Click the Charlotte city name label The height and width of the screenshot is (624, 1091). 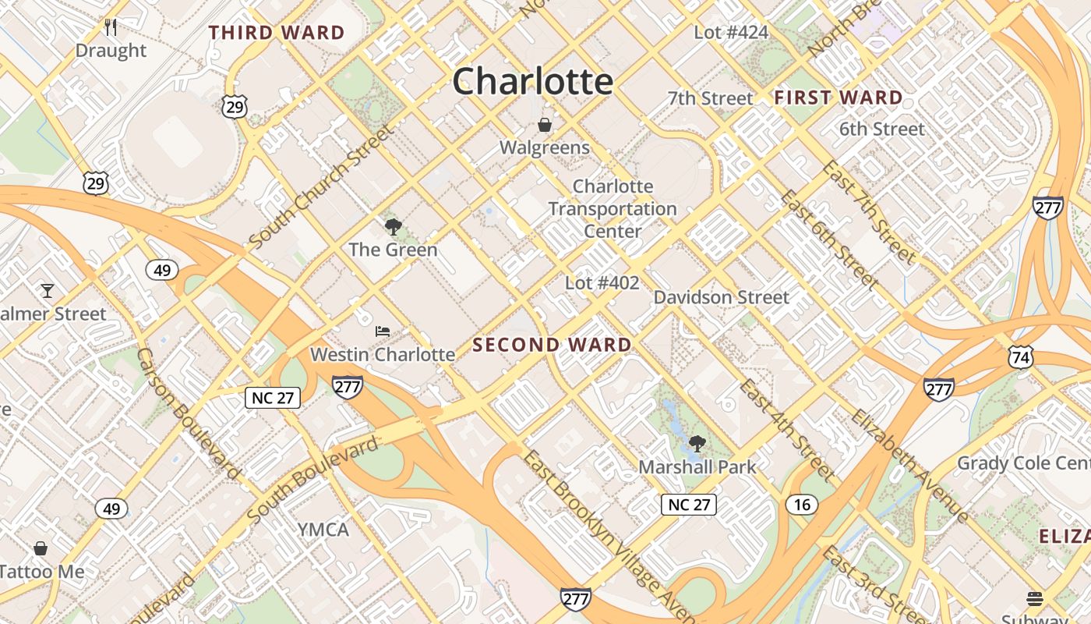(533, 81)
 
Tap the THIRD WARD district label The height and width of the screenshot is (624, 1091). (277, 33)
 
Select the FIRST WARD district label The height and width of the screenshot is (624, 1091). (839, 98)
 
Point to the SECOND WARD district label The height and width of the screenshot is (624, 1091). (552, 345)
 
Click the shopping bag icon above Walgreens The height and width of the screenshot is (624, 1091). (545, 125)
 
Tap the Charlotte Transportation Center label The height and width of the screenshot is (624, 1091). (613, 209)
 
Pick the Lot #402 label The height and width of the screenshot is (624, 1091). (602, 282)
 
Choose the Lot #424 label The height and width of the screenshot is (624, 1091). (731, 32)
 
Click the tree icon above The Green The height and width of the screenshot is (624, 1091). (393, 227)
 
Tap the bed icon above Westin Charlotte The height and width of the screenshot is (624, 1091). (382, 331)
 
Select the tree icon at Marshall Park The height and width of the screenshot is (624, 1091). (697, 445)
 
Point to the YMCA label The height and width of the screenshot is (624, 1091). (323, 530)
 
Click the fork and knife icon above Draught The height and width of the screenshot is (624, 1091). (111, 28)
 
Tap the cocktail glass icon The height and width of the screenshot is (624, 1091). (48, 291)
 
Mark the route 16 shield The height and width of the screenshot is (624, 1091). (802, 505)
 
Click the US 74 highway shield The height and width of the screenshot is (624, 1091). (1020, 357)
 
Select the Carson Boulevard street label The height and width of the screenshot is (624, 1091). (187, 413)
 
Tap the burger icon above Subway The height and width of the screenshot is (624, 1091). (1035, 598)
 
